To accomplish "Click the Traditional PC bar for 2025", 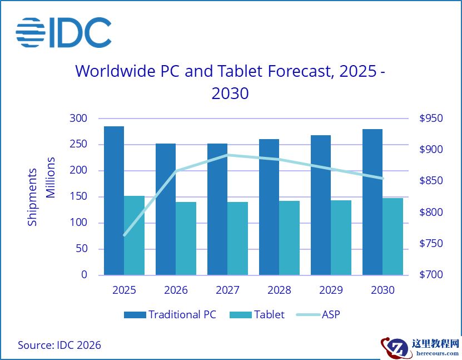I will click(114, 200).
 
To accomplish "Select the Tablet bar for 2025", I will click(134, 235).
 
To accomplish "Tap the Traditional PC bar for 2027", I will click(217, 209).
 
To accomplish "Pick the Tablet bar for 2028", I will click(289, 238).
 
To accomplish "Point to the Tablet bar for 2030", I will click(393, 236).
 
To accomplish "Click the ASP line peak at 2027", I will click(227, 155).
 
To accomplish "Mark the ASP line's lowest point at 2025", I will click(124, 235).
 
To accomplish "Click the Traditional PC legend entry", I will click(170, 314).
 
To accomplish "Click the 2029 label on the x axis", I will click(331, 290).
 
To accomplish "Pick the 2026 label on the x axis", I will click(176, 290).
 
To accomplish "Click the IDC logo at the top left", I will click(63, 32).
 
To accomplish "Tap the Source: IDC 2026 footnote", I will click(59, 345).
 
